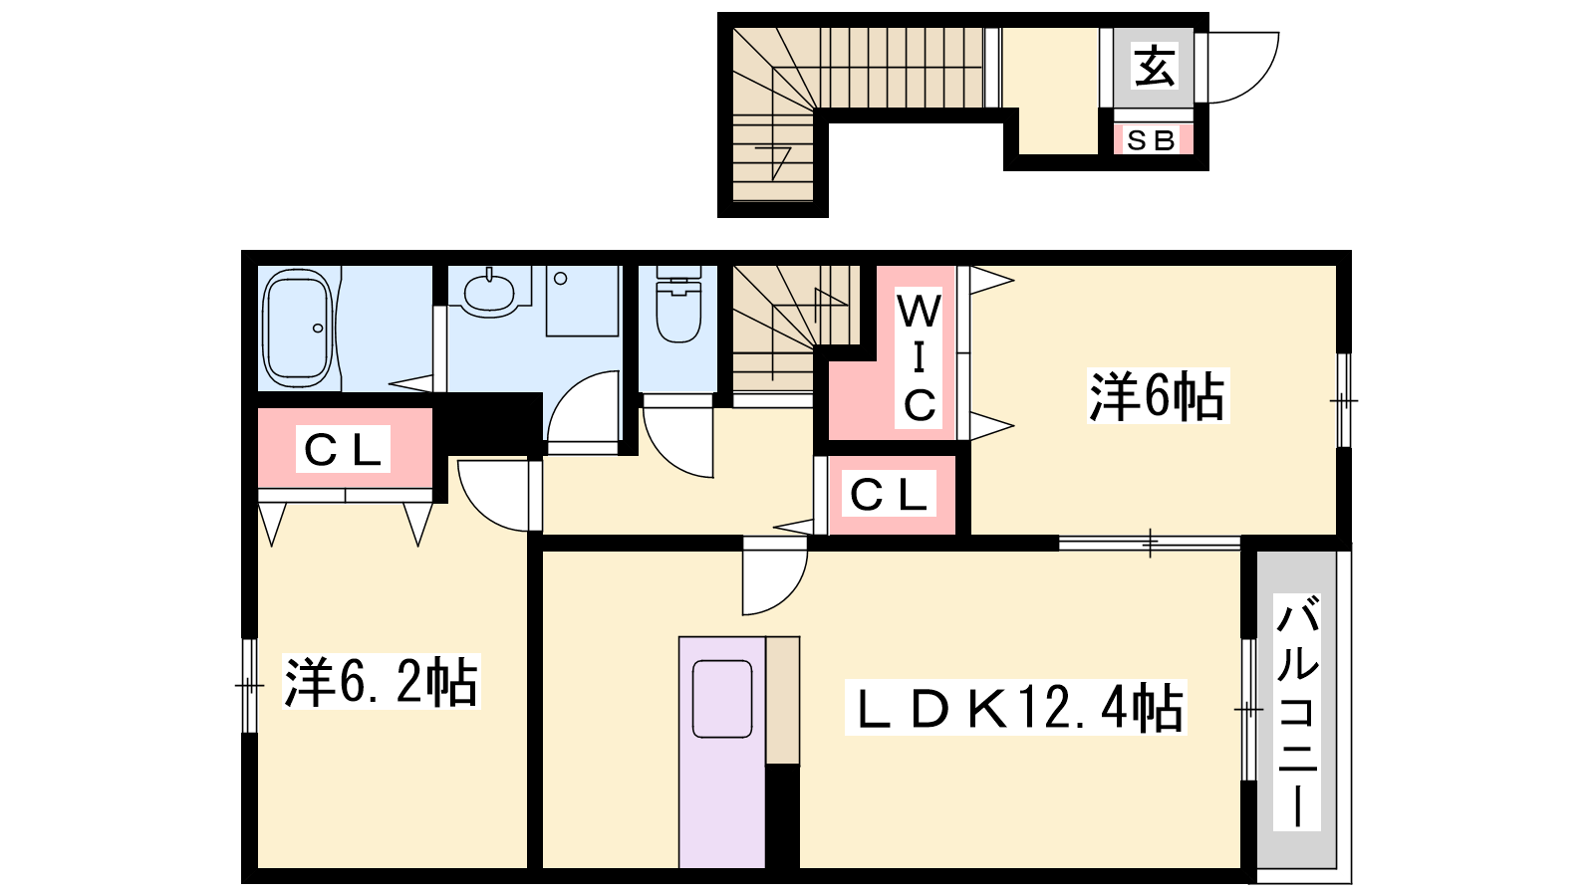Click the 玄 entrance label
point(1155,66)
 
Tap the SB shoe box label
point(1152,140)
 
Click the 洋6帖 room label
point(1157,396)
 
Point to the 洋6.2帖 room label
point(381,681)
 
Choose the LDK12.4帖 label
point(1015,708)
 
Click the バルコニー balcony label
point(1296,713)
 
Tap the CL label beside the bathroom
point(343,449)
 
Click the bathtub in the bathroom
point(298,329)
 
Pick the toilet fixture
point(678,305)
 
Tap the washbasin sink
point(489,293)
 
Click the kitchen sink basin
point(721,699)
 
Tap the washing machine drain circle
point(561,278)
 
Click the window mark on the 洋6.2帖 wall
point(249,686)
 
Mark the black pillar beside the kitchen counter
point(782,816)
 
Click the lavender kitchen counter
point(722,753)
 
